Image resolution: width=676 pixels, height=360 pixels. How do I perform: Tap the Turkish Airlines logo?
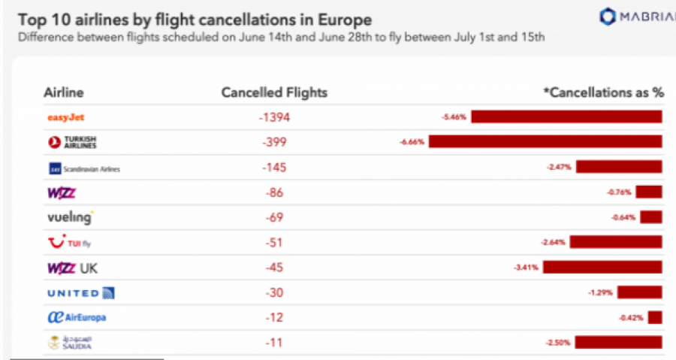72,142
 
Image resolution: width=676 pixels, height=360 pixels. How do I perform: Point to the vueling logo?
70,218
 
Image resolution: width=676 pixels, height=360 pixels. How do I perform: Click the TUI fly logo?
69,243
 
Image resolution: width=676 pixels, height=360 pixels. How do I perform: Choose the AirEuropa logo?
77,318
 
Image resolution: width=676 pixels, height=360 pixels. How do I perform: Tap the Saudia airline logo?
69,343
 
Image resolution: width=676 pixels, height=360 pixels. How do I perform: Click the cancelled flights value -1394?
274,117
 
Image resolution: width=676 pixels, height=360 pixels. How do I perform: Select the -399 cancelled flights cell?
274,142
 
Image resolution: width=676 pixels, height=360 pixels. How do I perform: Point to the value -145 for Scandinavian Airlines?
274,167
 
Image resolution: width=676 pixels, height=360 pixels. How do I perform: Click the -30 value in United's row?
274,292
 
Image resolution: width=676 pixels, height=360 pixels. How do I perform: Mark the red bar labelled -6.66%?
545,141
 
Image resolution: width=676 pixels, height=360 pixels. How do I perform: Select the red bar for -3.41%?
602,267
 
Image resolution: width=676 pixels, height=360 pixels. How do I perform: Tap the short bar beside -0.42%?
654,317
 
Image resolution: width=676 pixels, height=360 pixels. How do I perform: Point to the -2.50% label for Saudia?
558,343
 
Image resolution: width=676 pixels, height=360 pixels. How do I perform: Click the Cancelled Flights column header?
274,92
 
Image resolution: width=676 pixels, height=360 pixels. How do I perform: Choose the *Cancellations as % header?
603,92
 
